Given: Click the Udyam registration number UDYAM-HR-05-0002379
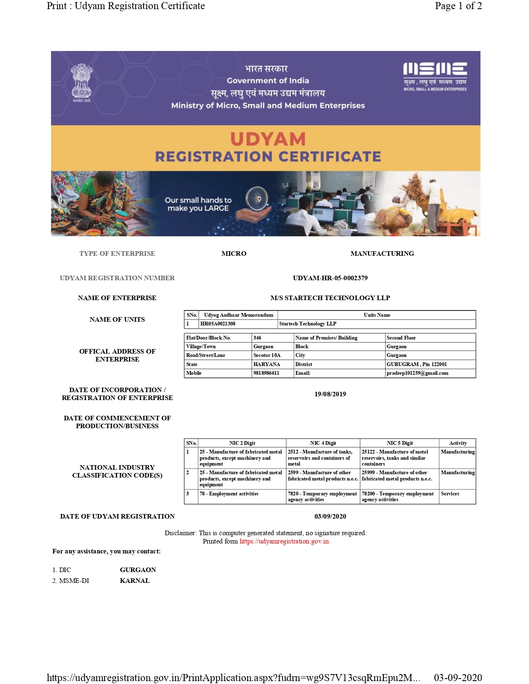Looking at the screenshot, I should (x=330, y=278).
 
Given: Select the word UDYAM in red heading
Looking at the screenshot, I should (x=268, y=139).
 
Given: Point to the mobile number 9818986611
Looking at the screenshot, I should (x=266, y=373).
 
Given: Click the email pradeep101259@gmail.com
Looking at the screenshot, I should (x=417, y=373).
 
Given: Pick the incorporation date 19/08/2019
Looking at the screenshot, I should (x=330, y=394).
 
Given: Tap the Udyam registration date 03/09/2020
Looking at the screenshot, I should (x=330, y=516).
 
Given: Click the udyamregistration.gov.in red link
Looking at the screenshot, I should (x=284, y=541).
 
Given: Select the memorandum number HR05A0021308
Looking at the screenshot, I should (x=218, y=324).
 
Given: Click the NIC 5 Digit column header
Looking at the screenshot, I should (x=400, y=443).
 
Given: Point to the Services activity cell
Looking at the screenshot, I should (x=450, y=494).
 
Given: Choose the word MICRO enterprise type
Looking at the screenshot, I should (x=234, y=253).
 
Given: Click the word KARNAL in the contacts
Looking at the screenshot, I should (x=134, y=580).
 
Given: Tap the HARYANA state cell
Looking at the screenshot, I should (x=267, y=364).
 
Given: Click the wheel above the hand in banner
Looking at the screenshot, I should (x=256, y=198).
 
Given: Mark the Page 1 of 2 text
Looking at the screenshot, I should (x=458, y=6).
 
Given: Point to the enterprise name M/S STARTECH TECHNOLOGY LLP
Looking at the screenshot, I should (x=330, y=298).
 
